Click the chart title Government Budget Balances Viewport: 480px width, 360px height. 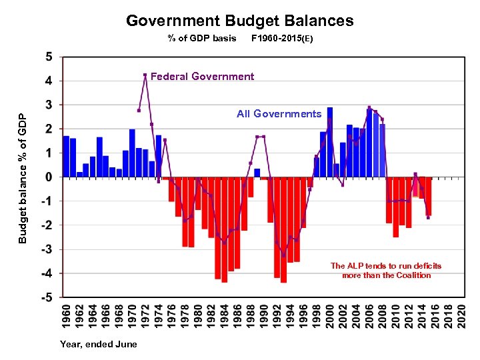[x=240, y=21]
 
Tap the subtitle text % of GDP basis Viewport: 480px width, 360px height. [x=202, y=38]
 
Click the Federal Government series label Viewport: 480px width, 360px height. [x=202, y=77]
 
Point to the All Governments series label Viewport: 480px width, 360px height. [x=279, y=114]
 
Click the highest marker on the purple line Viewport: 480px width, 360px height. [x=145, y=75]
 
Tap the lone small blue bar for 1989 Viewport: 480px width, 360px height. [x=257, y=173]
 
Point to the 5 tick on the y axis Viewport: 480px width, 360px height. [x=49, y=57]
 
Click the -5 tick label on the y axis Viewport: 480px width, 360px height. [x=47, y=298]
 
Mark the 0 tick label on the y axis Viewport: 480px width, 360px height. [x=49, y=177]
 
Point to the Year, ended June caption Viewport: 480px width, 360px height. [x=99, y=344]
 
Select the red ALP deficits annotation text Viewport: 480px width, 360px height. [x=386, y=270]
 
